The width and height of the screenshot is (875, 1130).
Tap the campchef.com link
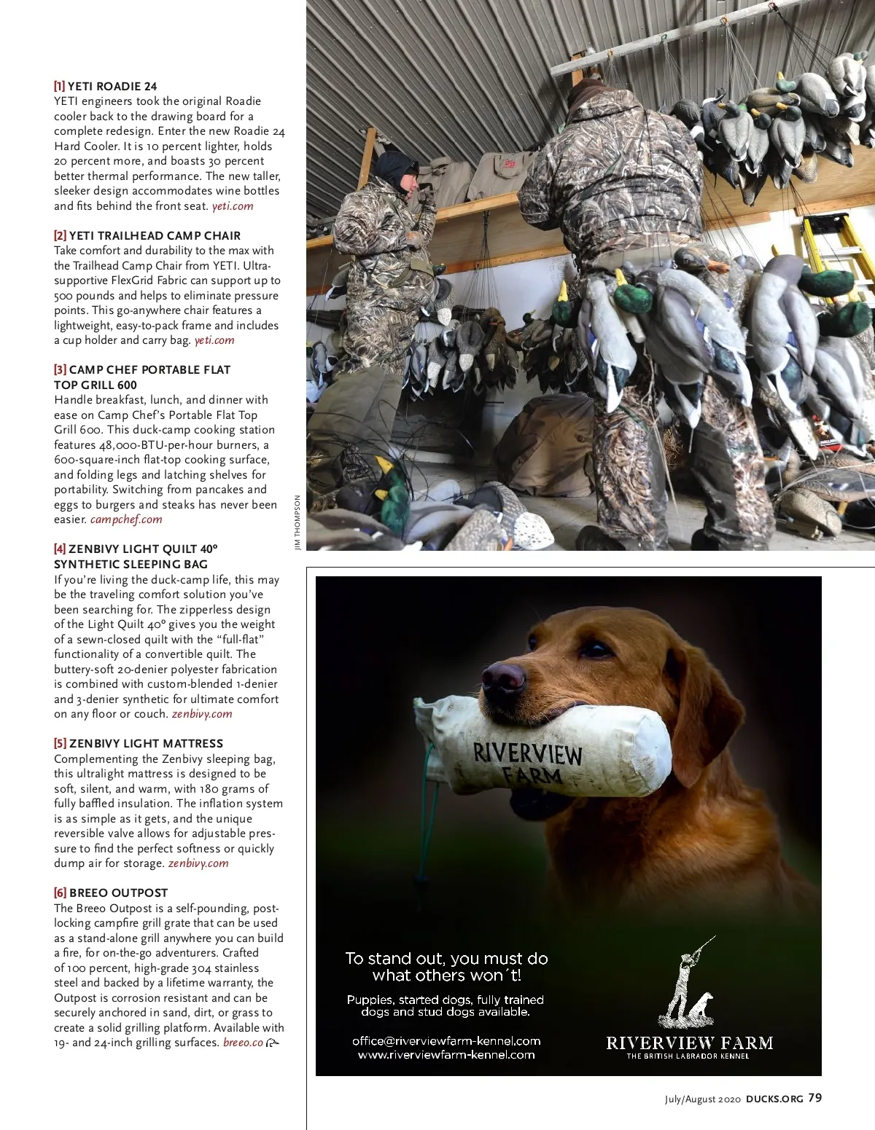(126, 519)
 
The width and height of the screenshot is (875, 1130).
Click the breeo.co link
(243, 1043)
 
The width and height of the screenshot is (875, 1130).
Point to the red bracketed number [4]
(60, 549)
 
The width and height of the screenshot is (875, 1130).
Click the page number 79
(815, 1098)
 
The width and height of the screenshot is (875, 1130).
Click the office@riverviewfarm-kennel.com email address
(446, 1040)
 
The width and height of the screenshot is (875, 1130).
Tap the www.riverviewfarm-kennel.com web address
(446, 1054)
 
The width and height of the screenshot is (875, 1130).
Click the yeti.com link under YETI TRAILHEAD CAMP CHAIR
(214, 340)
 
